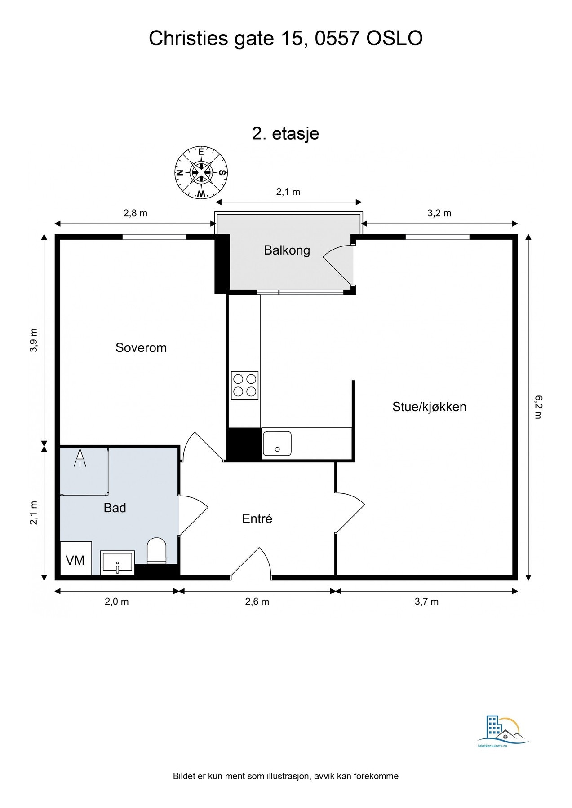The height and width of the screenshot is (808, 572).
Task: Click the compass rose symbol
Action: [201, 172]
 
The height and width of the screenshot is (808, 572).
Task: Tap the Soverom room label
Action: [141, 347]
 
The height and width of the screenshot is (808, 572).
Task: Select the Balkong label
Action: [287, 250]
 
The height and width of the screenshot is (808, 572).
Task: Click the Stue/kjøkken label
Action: [429, 407]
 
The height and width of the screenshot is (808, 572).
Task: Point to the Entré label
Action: [257, 518]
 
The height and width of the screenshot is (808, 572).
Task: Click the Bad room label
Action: [115, 508]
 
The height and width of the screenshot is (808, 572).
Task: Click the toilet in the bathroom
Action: [156, 550]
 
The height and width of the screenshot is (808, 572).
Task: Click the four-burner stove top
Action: [244, 385]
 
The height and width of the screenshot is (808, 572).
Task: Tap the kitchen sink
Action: [277, 444]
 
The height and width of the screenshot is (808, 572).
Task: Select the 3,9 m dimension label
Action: [34, 340]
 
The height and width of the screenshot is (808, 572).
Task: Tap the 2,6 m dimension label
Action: [257, 602]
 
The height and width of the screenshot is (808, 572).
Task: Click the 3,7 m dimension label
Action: [426, 602]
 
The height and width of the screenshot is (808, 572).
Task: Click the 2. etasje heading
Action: [285, 133]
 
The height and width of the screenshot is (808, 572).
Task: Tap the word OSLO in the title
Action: [394, 39]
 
